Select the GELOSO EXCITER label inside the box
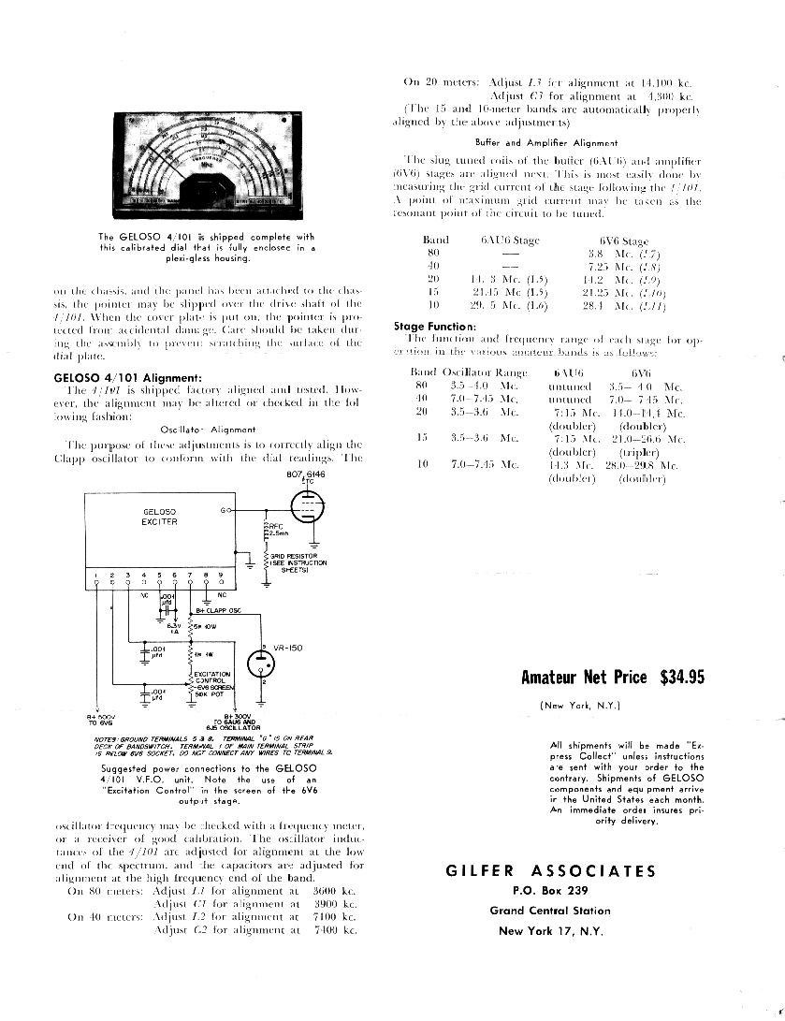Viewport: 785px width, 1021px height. tap(160, 517)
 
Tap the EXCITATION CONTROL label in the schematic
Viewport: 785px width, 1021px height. tap(211, 677)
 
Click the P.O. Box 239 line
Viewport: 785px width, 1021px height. tap(550, 890)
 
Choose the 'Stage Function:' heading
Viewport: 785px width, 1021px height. tap(435, 327)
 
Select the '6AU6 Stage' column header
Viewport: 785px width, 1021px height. tap(510, 241)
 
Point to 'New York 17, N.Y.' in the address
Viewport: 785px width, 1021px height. tap(550, 930)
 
